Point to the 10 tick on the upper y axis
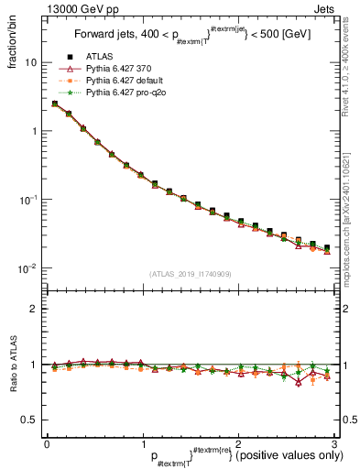[x=30, y=62]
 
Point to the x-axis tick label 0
[x=47, y=443]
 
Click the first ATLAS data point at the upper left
[x=55, y=104]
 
